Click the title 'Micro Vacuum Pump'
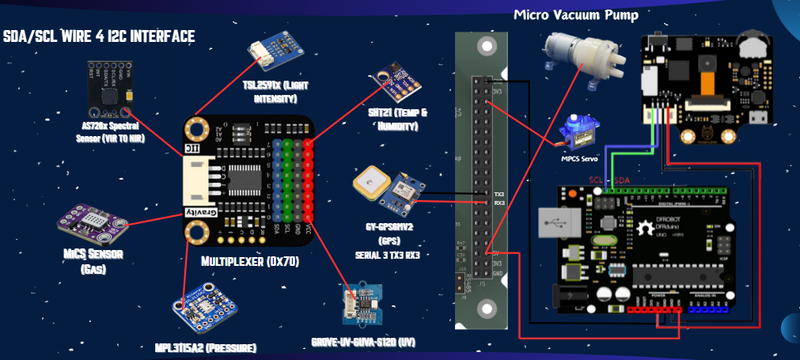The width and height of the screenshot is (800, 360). [575, 15]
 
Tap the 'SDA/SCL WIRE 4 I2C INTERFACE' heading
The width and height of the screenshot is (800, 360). [99, 36]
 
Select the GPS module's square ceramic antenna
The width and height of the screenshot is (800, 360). [369, 184]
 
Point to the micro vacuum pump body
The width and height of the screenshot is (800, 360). [582, 55]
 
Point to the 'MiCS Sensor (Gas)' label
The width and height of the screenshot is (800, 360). [82, 260]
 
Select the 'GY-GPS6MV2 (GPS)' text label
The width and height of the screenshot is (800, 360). [392, 231]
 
